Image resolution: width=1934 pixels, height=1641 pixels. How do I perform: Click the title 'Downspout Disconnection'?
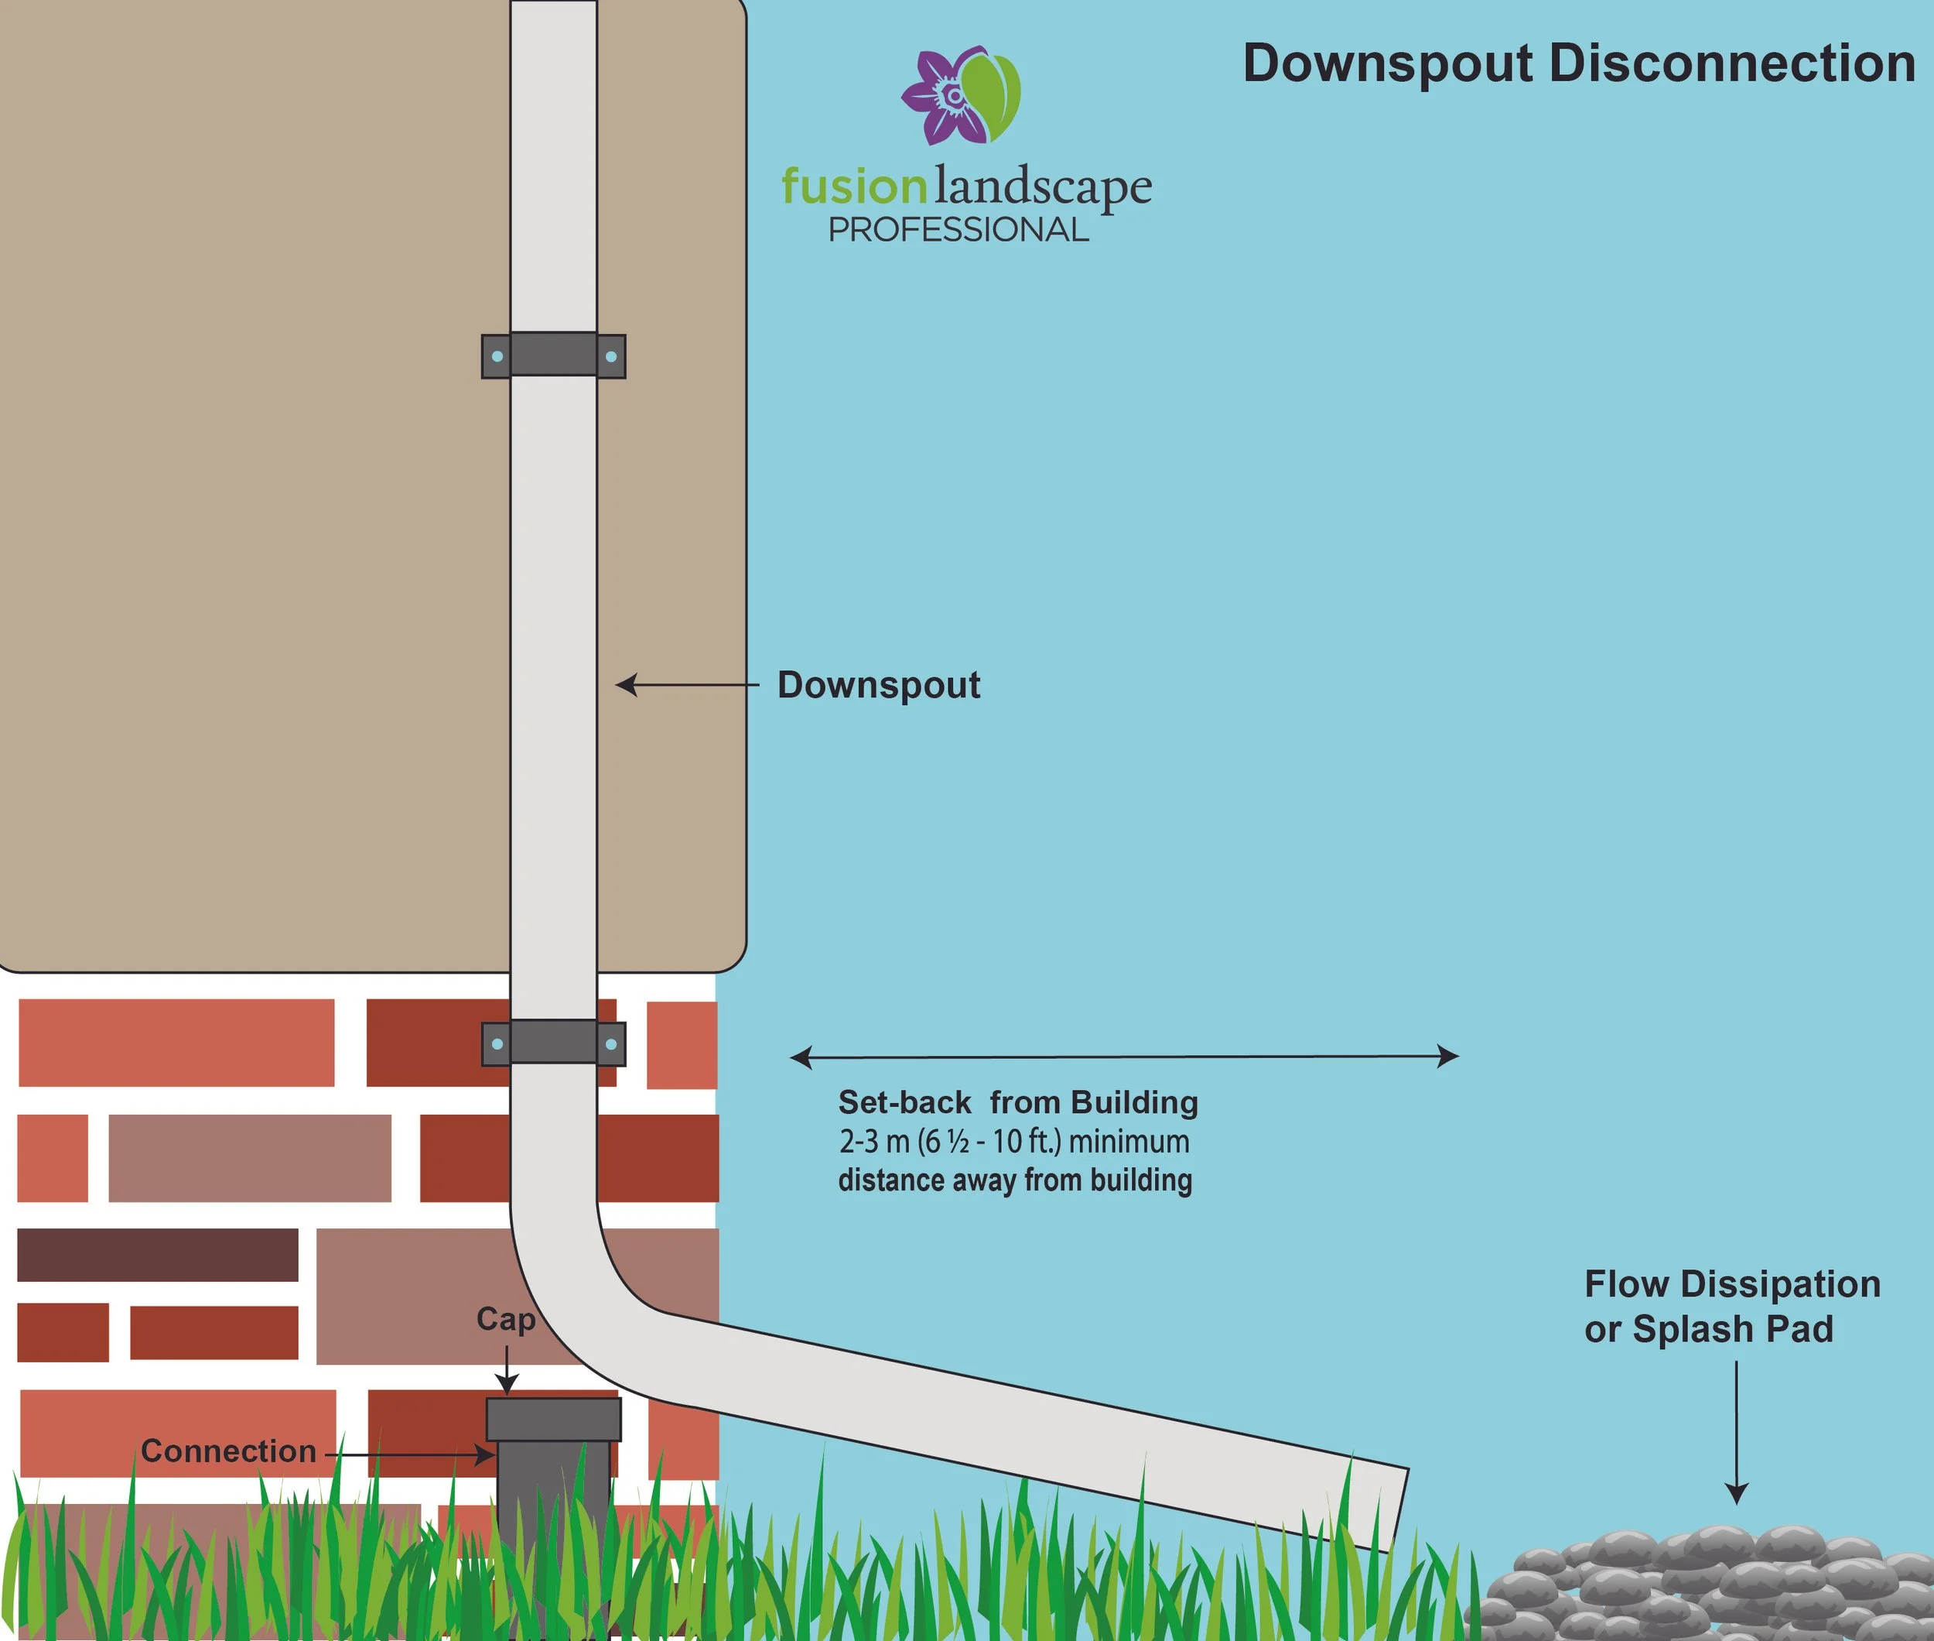tap(1579, 64)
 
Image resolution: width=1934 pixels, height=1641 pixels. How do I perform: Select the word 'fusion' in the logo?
tap(853, 186)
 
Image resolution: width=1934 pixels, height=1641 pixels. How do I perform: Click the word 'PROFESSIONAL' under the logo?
tap(958, 230)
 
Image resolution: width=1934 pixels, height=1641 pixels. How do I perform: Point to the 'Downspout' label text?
tap(879, 685)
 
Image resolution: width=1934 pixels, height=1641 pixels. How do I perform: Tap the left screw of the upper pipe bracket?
tap(497, 356)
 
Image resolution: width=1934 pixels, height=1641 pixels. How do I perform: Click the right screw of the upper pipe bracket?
tap(611, 356)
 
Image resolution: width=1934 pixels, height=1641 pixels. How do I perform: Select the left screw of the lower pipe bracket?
tap(497, 1043)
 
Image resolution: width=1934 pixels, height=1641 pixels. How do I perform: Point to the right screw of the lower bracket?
tap(611, 1043)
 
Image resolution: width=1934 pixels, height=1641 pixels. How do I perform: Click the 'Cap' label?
tap(506, 1319)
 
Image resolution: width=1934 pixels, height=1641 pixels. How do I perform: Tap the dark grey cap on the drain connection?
tap(553, 1420)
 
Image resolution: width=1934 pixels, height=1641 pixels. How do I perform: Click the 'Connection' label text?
tap(229, 1451)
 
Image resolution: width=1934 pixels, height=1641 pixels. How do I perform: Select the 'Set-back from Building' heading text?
tap(1018, 1102)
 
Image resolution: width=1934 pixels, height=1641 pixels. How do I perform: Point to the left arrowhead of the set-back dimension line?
tap(800, 1057)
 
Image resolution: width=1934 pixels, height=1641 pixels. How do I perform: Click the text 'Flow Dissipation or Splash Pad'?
tap(1731, 1306)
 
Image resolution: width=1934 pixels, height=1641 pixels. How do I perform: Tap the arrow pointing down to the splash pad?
tap(1736, 1433)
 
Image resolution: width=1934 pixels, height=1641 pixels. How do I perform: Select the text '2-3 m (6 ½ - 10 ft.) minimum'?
tap(1013, 1142)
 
